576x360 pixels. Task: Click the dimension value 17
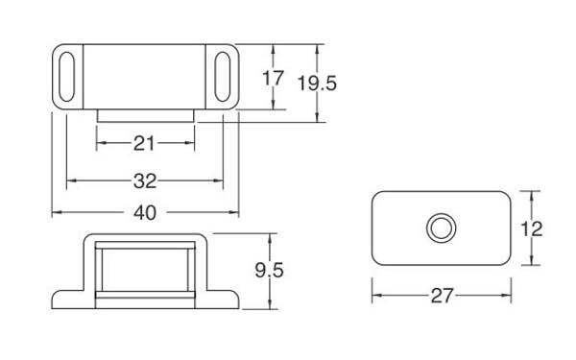273,78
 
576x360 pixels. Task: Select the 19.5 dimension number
317,83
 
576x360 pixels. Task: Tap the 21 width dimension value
144,143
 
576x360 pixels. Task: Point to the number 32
145,181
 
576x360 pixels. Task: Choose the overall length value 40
145,213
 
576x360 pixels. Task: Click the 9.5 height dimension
269,271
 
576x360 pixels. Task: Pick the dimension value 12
532,229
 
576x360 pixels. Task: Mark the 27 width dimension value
442,296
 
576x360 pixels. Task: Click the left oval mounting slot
66,77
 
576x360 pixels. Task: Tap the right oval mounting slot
223,77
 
